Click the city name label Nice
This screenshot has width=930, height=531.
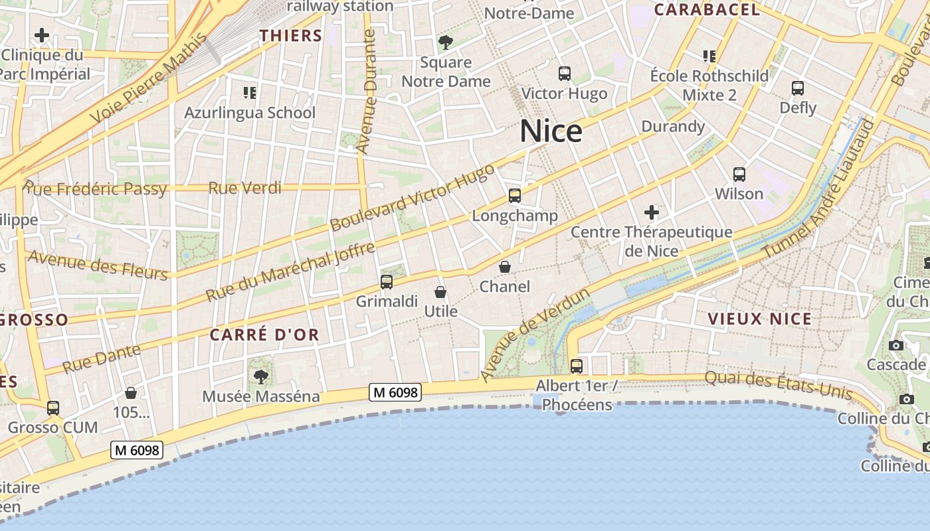[x=551, y=131]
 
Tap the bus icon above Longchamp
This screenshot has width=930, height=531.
[x=515, y=196]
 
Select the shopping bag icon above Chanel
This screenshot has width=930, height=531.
[x=505, y=267]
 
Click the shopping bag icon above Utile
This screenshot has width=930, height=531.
[x=440, y=292]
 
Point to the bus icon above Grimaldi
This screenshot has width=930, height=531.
[x=387, y=282]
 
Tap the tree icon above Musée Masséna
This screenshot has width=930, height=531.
[x=261, y=377]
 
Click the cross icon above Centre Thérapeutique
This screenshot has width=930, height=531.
[x=652, y=212]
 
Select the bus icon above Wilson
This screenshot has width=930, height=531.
[x=739, y=175]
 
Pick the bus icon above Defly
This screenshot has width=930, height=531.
[x=798, y=88]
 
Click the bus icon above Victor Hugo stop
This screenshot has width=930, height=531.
[x=565, y=74]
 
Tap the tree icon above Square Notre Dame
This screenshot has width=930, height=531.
[x=446, y=43]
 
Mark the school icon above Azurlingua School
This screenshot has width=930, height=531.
[x=250, y=92]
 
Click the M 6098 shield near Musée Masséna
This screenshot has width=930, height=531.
[x=395, y=392]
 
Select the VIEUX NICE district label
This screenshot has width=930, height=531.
[x=759, y=319]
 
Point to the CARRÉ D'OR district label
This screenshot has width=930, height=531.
[x=264, y=335]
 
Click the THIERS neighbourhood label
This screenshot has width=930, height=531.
[x=290, y=36]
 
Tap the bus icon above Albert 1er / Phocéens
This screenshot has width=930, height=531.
[x=577, y=366]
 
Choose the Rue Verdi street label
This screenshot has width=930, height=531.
[x=245, y=188]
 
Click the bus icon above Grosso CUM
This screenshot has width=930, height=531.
[x=53, y=408]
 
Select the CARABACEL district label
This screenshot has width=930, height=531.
[x=707, y=9]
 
